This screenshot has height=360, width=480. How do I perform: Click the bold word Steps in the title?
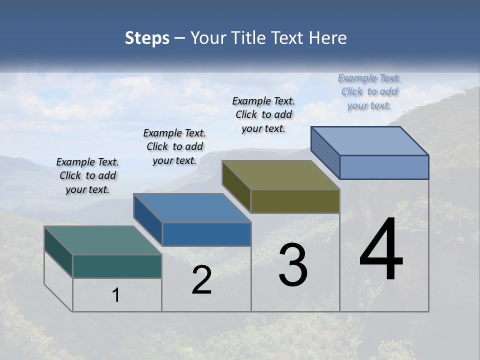coord(147,38)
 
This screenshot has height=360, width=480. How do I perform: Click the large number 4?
coord(381,250)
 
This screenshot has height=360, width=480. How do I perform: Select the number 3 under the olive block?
coord(293,265)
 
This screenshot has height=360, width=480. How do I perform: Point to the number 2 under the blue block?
coord(202,280)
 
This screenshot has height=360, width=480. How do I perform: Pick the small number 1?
coord(116,295)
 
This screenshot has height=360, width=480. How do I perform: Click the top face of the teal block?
coord(102,240)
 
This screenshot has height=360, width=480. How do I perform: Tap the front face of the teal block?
coord(117,266)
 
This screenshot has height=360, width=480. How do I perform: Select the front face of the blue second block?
coord(206,234)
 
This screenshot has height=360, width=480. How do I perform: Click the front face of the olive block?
coord(295,201)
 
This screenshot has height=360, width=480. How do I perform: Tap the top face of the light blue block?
coord(370,140)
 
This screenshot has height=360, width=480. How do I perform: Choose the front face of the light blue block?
coord(384,167)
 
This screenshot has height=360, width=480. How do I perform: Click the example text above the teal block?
coord(87,175)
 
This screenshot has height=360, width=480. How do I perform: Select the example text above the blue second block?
coord(174,146)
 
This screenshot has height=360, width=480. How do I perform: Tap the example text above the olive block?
coord(263,114)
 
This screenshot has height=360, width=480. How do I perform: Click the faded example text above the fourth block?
coord(369,91)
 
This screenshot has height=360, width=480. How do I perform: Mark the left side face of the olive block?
coord(236,187)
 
